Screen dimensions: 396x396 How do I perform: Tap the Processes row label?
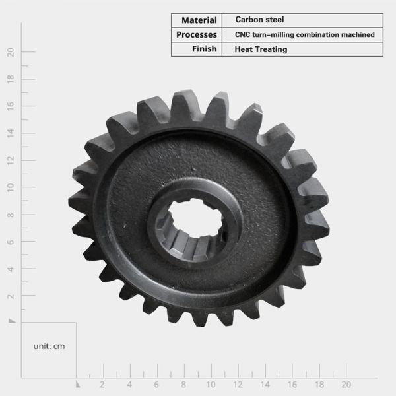tap(197, 34)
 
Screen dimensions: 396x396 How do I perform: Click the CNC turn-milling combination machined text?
tap(305, 34)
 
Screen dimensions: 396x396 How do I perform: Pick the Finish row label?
tap(204, 49)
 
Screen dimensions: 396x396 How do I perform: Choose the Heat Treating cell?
tap(261, 49)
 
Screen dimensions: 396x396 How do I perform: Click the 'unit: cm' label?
tap(49, 346)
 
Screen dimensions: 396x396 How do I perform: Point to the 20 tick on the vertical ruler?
tap(11, 52)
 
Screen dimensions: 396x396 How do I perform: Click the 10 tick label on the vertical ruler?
tap(11, 187)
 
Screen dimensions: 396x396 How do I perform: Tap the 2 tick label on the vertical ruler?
tap(11, 296)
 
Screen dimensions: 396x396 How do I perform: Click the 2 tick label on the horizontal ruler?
tap(102, 384)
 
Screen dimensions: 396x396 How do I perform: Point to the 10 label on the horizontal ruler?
tap(211, 384)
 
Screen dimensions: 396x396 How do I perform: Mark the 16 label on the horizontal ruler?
tap(292, 384)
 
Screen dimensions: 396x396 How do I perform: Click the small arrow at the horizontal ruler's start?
tap(78, 383)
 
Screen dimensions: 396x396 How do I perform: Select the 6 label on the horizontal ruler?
tap(156, 384)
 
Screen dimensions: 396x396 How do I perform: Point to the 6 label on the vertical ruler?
tap(11, 242)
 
